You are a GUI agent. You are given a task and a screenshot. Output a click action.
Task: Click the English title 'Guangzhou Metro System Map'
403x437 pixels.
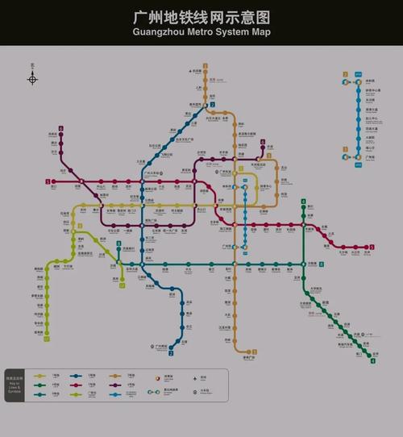[201, 32]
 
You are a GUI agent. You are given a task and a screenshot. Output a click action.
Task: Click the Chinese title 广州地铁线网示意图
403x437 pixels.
[201, 16]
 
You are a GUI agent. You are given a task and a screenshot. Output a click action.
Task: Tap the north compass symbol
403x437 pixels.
[32, 78]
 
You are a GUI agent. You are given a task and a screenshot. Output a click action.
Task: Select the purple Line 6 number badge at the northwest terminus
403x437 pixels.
[60, 128]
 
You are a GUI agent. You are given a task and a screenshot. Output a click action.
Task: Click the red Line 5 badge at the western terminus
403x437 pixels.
[48, 181]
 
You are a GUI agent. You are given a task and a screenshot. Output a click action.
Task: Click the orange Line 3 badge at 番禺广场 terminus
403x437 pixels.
[255, 352]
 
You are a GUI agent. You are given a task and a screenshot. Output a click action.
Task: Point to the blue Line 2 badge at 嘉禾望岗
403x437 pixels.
[212, 105]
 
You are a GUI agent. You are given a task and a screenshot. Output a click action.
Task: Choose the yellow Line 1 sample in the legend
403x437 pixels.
[38, 376]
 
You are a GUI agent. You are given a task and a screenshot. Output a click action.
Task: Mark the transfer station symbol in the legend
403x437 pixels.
[157, 377]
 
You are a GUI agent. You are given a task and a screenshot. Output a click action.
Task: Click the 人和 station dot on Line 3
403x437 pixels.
[206, 89]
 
